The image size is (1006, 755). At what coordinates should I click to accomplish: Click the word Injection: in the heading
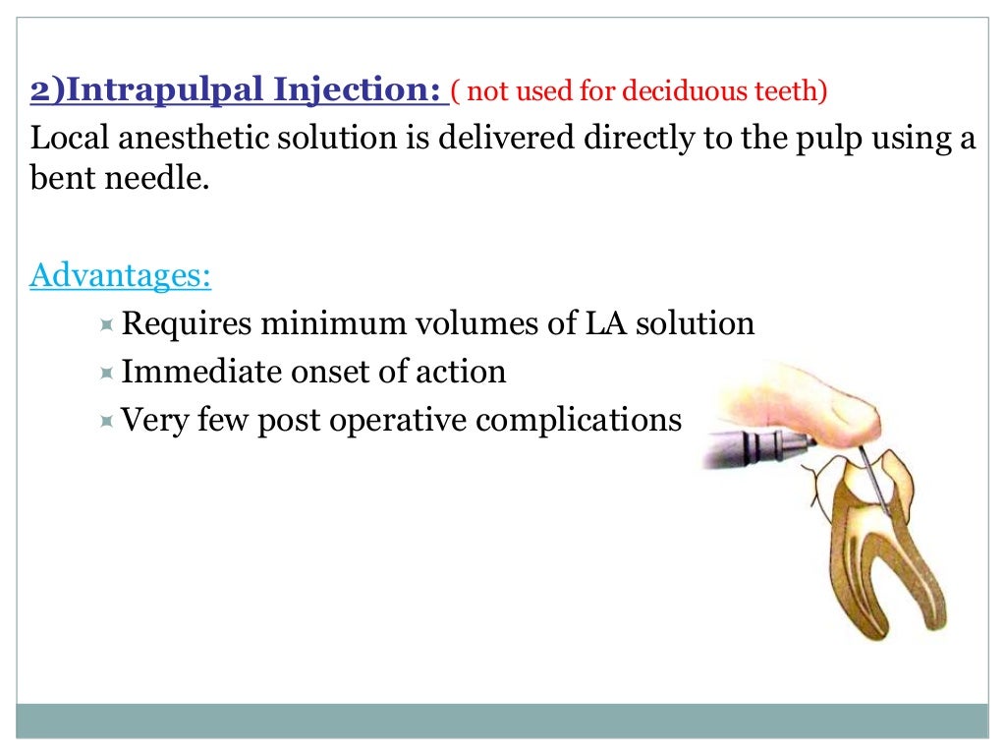pos(363,92)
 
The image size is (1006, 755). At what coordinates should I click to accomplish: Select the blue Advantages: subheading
pos(121,275)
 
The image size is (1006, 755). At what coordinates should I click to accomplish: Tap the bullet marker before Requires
pos(107,323)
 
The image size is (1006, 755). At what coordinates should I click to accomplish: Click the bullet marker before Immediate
pos(107,373)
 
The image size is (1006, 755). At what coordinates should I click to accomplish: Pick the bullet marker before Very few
pos(107,422)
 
